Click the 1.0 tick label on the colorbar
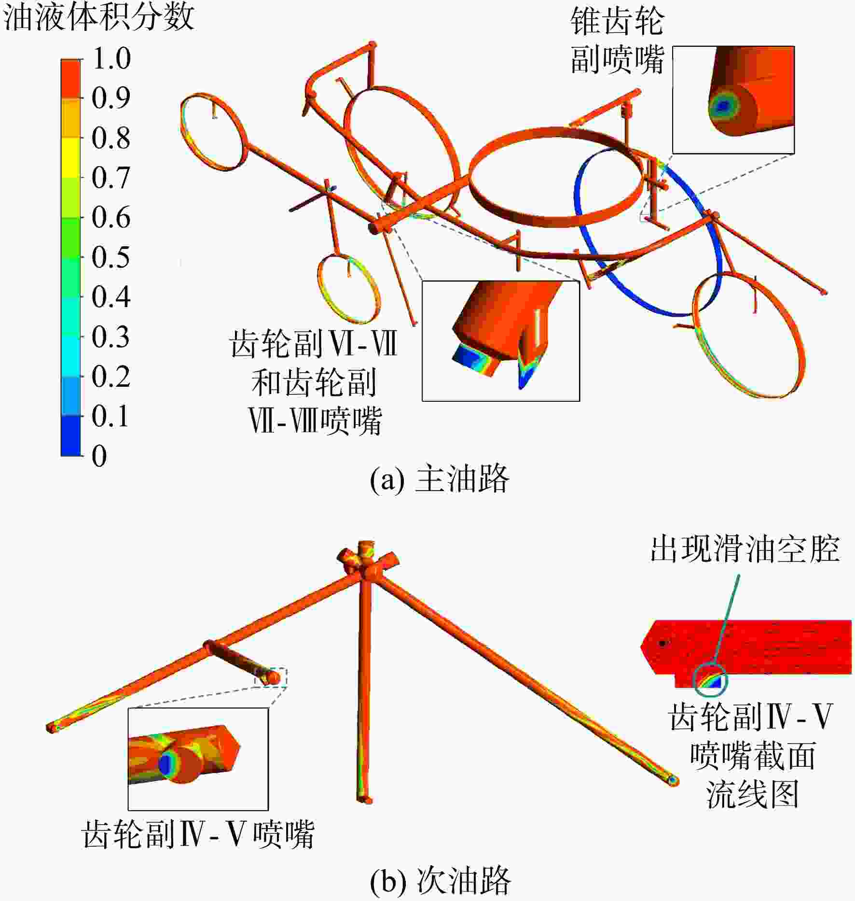coord(111,58)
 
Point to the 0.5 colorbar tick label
coord(111,257)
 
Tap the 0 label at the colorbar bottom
coord(99,455)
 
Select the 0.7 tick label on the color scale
coord(111,178)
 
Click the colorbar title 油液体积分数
coord(99,17)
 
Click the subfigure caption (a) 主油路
coord(440,479)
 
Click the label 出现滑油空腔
coord(745,549)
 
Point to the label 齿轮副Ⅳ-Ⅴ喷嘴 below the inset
coord(198,834)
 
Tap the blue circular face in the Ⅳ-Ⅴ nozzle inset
coord(165,763)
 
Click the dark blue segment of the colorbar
coord(70,436)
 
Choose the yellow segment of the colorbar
coord(70,158)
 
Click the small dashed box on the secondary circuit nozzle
coord(271,676)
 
